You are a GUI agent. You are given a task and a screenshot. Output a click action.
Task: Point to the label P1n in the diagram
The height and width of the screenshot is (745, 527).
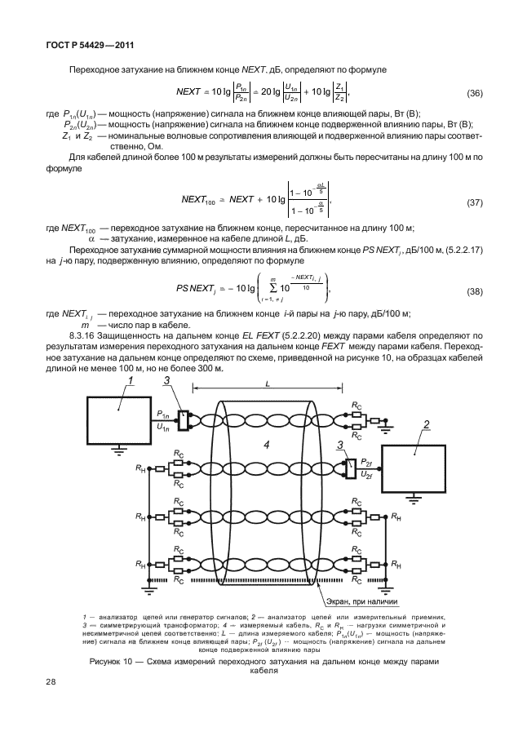point(164,415)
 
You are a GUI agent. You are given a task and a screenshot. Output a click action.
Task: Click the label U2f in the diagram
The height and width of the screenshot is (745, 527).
point(367,473)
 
